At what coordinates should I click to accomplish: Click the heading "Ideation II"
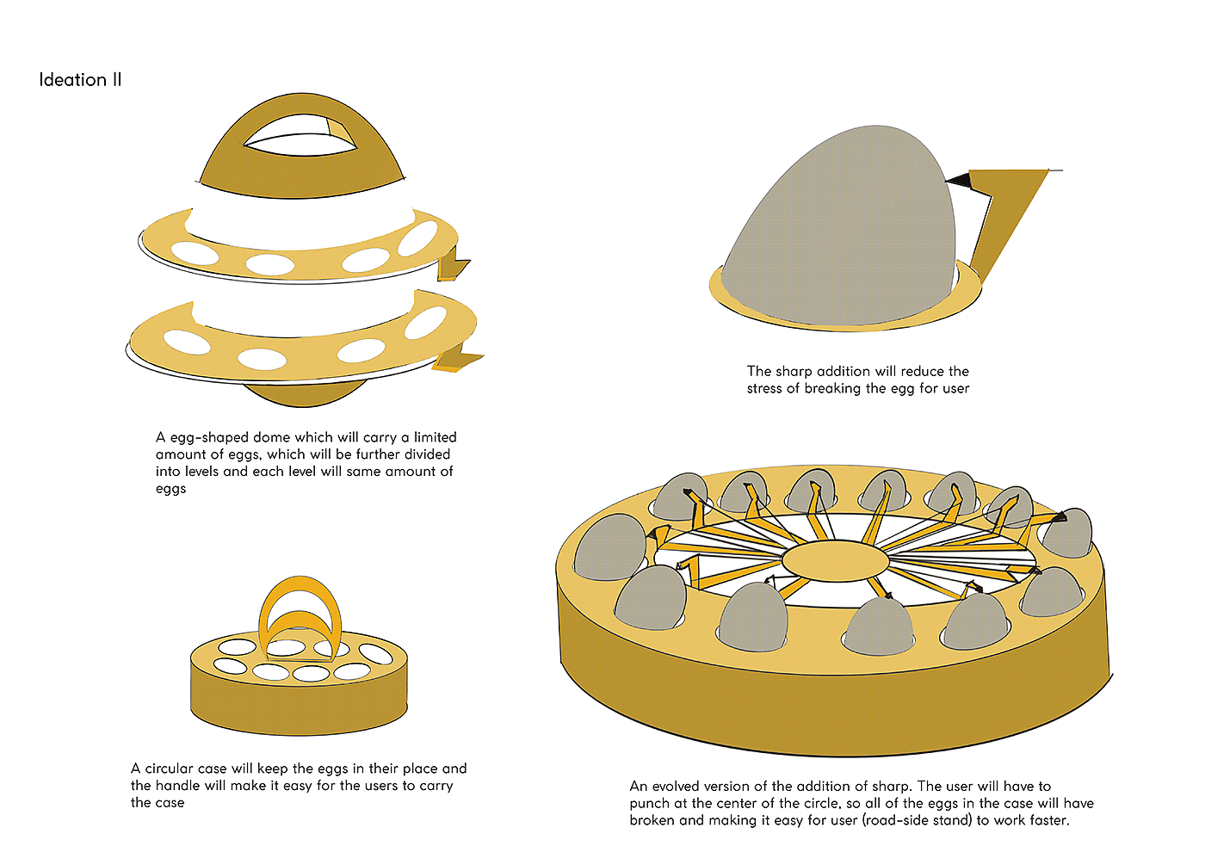tap(80, 80)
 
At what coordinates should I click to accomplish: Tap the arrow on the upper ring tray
tap(454, 263)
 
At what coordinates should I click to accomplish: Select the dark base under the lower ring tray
tap(305, 392)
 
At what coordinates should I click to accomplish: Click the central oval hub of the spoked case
tap(836, 561)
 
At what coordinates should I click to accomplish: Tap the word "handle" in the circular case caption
tap(178, 785)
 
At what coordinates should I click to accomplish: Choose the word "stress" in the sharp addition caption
tap(764, 388)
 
